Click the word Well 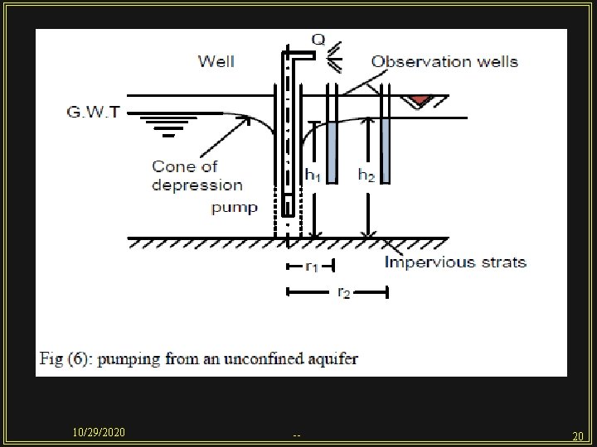pyautogui.click(x=216, y=60)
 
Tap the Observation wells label pyautogui.click(x=444, y=61)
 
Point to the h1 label pyautogui.click(x=313, y=175)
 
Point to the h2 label pyautogui.click(x=366, y=175)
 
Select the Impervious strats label pyautogui.click(x=455, y=262)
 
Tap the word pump pyautogui.click(x=235, y=207)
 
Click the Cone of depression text pyautogui.click(x=197, y=175)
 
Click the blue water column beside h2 pyautogui.click(x=384, y=150)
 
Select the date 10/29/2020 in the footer pyautogui.click(x=99, y=433)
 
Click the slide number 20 pyautogui.click(x=578, y=435)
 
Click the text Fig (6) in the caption pyautogui.click(x=66, y=359)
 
